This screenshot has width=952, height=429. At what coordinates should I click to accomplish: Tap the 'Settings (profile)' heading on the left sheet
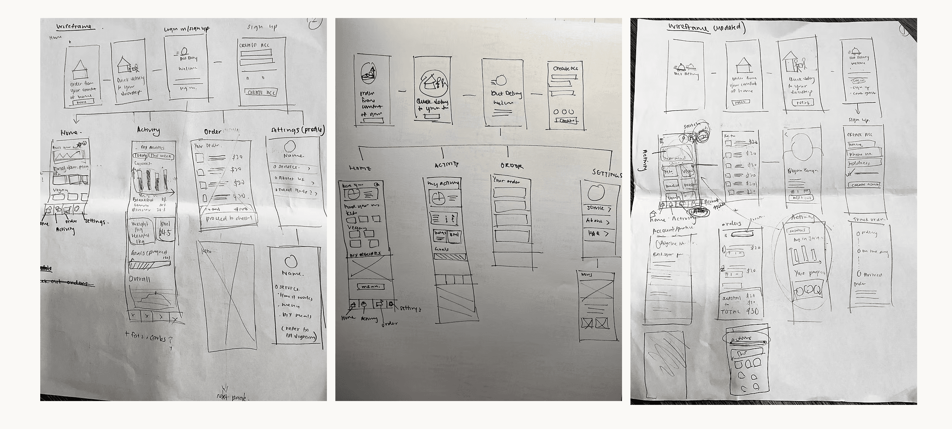297,130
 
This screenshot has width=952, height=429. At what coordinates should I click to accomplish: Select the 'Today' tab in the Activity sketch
140,156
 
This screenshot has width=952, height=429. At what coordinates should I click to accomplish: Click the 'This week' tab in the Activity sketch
161,156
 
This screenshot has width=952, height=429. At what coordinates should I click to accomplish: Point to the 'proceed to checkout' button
229,219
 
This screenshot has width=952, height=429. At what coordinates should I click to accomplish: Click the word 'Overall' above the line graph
140,279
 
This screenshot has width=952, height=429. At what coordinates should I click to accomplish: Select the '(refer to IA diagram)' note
299,332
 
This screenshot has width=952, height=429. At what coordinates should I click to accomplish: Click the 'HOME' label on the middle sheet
360,168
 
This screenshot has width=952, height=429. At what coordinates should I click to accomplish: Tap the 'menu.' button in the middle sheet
370,286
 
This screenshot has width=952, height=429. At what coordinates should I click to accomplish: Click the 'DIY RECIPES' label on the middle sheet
364,254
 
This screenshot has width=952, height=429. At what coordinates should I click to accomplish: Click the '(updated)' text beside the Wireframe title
728,29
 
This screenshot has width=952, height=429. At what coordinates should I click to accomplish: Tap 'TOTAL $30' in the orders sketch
740,311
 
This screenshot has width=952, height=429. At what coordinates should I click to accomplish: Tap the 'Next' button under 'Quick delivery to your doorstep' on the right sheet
801,103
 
